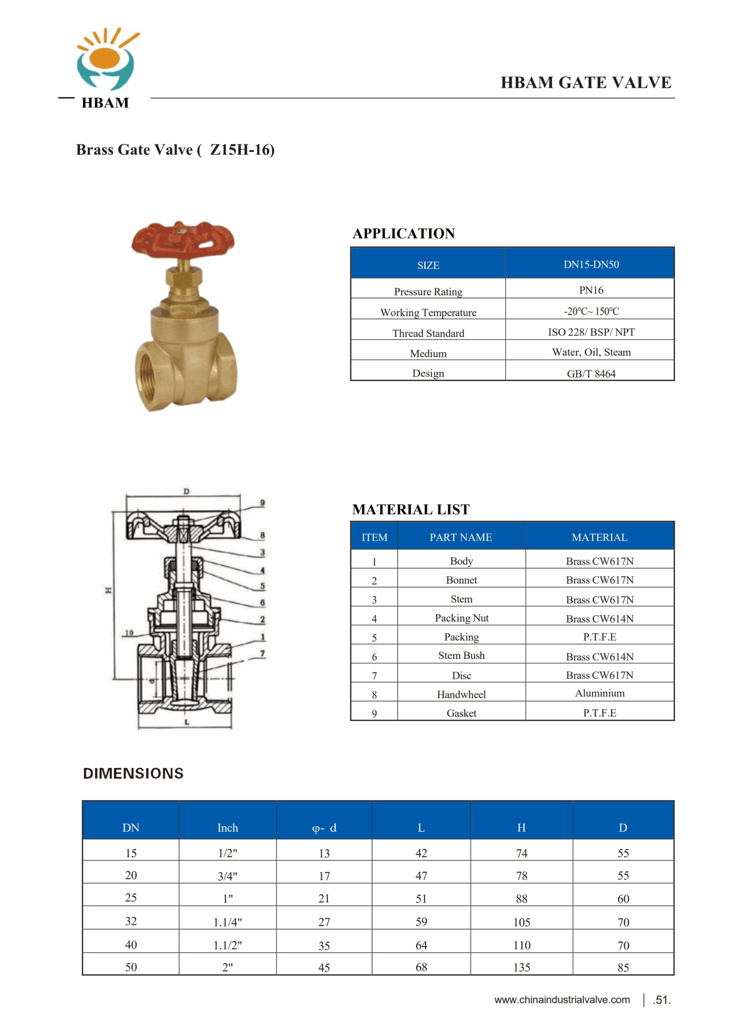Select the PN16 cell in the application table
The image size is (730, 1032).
coord(591,290)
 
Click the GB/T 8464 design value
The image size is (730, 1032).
coord(591,374)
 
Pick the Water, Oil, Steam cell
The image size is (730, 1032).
coord(591,352)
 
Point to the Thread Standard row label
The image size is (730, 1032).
coord(428,333)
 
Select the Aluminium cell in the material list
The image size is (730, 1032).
coord(600,693)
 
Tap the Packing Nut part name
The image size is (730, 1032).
coord(461,618)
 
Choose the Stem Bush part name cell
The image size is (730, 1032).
coord(461,655)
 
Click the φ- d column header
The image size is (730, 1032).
coord(324,828)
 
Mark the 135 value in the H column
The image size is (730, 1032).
coord(522,967)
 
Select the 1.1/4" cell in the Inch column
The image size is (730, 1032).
coord(227,922)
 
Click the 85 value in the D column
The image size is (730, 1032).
coord(623,967)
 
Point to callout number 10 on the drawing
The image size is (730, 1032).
coord(129,633)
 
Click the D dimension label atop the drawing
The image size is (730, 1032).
coord(186,492)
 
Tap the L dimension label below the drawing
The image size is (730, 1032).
coord(187,722)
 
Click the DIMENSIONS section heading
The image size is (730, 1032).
coord(133,774)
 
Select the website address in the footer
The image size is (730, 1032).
coord(562,1000)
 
